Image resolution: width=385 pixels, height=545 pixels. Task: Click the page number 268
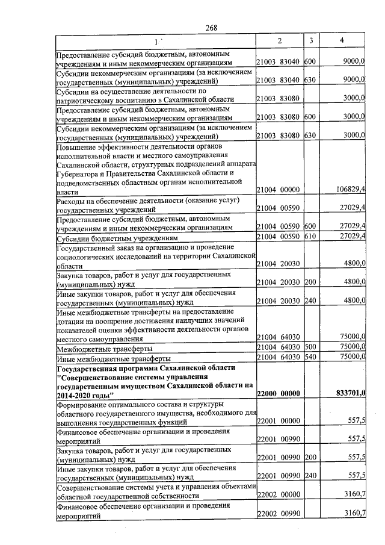point(211,27)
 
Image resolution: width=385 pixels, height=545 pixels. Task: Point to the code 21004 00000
point(278,190)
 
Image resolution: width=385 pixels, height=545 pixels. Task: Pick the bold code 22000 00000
point(278,393)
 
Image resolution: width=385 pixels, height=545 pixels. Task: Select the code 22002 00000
point(278,496)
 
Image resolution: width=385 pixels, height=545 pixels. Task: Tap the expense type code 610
point(310,236)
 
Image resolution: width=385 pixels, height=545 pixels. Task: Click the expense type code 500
point(310,348)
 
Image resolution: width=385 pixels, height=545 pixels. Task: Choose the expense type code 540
point(310,358)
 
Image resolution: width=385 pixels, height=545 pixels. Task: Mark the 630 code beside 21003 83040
point(310,79)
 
